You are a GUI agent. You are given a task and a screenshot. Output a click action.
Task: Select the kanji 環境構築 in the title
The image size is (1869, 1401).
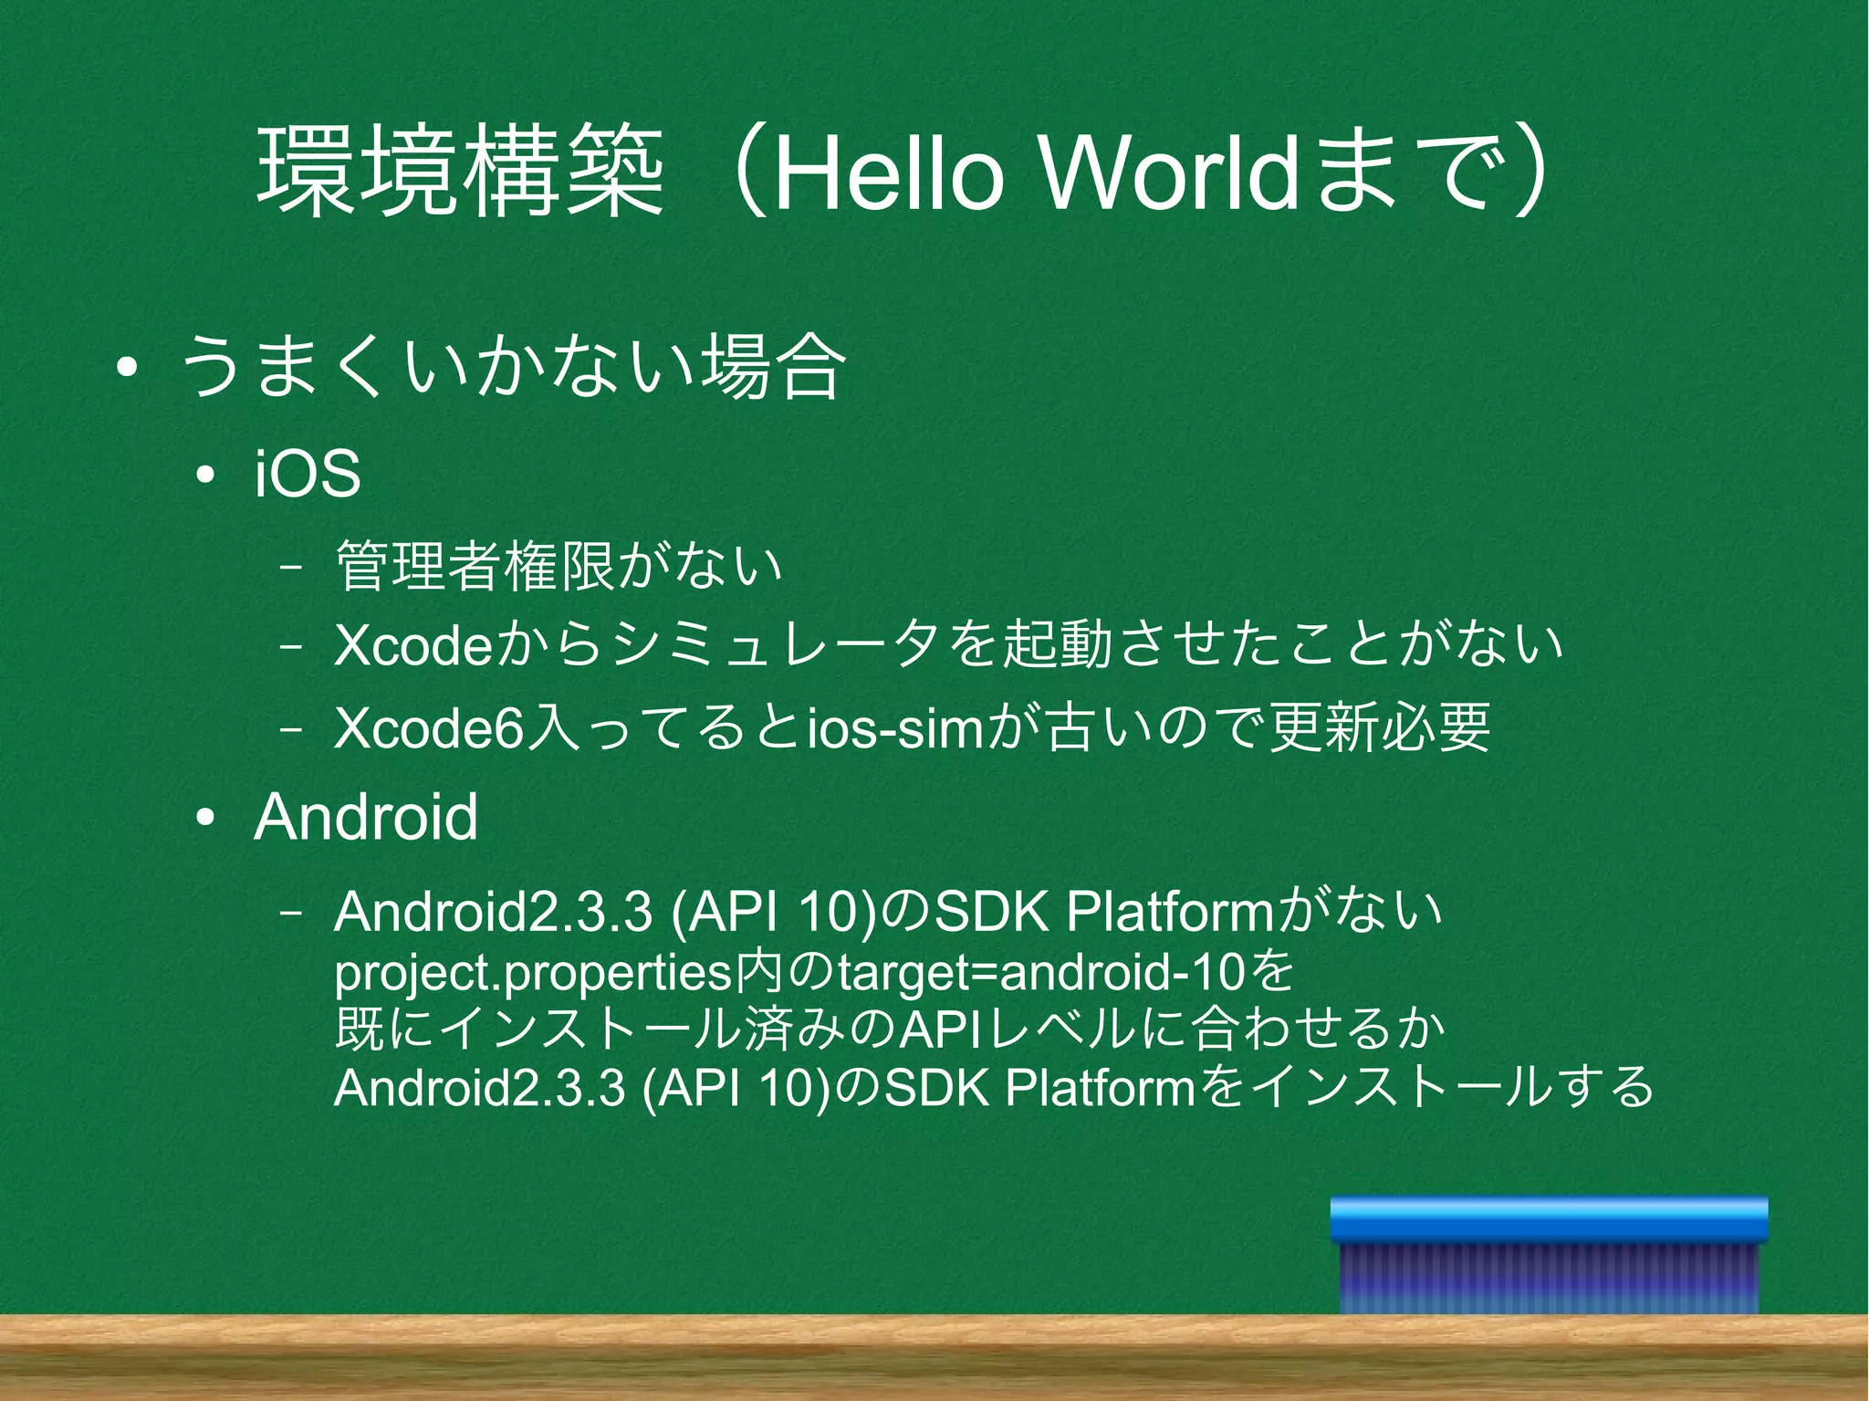click(461, 173)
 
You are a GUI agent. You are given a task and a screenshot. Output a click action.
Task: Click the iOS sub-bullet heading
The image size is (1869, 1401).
click(308, 475)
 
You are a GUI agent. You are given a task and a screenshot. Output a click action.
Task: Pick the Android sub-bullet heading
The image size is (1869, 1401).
click(366, 817)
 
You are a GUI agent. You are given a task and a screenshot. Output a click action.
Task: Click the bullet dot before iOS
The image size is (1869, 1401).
click(206, 476)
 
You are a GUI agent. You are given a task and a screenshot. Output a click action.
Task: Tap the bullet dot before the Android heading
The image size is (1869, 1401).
click(206, 818)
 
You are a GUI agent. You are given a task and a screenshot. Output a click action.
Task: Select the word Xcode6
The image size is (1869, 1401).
click(431, 728)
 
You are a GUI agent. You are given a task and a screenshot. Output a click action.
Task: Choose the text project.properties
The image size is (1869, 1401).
click(534, 974)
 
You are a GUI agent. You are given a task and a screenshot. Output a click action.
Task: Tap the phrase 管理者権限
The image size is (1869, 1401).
click(475, 567)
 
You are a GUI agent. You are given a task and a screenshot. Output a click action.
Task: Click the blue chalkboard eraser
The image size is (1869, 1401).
click(1549, 1254)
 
